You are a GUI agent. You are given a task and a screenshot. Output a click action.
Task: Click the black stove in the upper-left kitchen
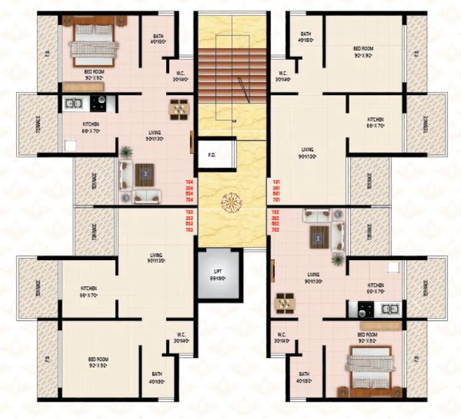tap(98, 103)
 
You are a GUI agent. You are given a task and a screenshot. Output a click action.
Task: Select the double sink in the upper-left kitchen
tap(73, 103)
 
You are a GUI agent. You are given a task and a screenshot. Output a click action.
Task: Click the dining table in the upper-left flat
tap(179, 108)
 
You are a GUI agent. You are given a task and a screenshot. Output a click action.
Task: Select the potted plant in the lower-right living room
tap(337, 259)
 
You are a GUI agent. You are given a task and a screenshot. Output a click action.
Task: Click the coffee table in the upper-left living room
tap(145, 175)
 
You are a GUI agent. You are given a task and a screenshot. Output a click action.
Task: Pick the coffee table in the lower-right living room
tap(319, 236)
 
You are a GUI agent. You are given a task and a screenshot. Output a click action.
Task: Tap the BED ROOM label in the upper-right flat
tap(363, 51)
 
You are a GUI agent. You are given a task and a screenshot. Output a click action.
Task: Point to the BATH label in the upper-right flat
tap(305, 38)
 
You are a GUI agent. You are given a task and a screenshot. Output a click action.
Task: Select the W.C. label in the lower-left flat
tap(181, 338)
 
